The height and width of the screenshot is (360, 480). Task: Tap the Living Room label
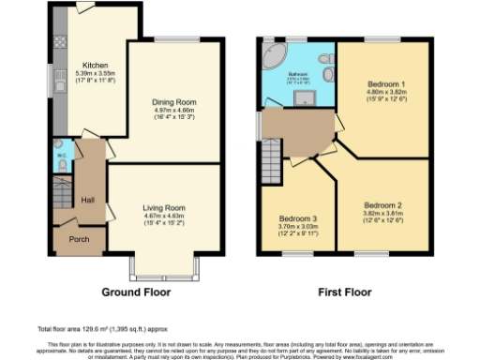pos(164,207)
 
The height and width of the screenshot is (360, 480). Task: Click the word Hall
pos(87,200)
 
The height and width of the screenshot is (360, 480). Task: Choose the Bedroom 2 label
pos(383,205)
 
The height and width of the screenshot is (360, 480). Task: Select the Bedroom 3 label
pos(296,217)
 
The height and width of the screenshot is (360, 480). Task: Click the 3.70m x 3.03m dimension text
pos(296,227)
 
